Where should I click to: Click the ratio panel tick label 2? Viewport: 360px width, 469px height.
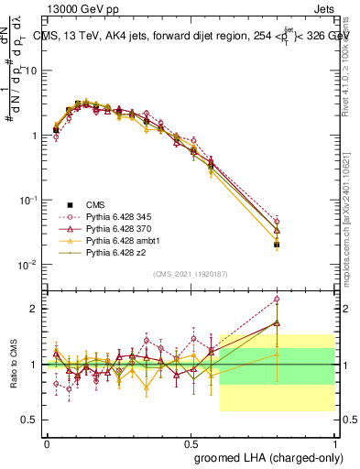coord(33,309)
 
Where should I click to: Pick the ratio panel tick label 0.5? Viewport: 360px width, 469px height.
coord(28,420)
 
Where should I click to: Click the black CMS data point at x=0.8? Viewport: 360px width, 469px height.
coord(277,245)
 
